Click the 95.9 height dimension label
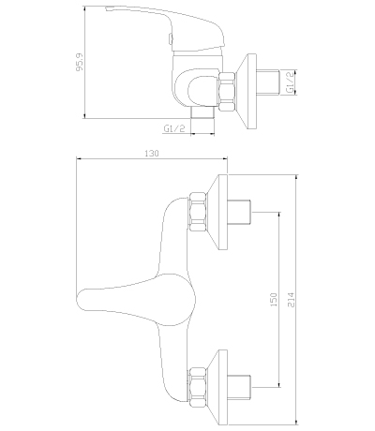click(x=81, y=62)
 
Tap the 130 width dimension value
click(x=152, y=154)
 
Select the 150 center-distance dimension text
click(x=274, y=299)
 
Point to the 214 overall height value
click(x=291, y=299)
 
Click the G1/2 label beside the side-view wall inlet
click(x=291, y=82)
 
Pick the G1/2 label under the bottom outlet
click(x=174, y=128)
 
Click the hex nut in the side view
click(x=227, y=92)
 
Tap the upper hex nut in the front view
click(x=198, y=212)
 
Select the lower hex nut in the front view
click(x=198, y=387)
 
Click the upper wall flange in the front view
click(x=218, y=212)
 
